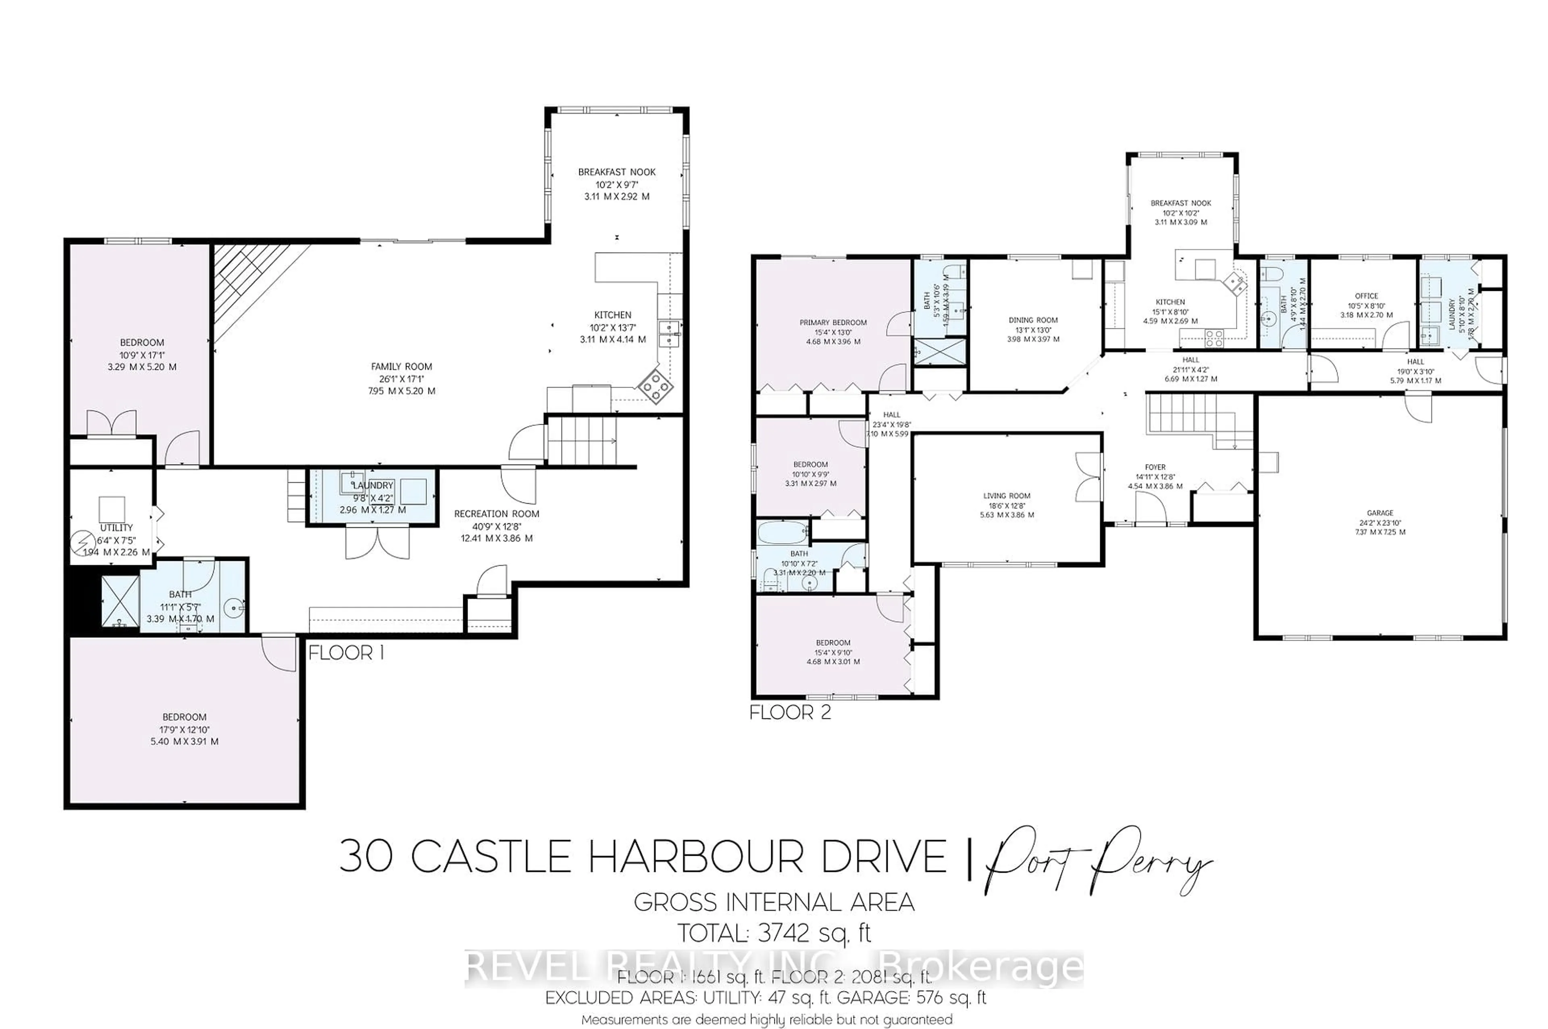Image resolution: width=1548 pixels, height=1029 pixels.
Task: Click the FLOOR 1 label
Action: (346, 653)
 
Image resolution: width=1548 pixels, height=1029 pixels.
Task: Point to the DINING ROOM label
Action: (1033, 320)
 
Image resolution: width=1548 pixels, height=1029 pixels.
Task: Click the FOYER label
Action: (1155, 467)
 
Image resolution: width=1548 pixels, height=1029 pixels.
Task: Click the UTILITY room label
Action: (116, 528)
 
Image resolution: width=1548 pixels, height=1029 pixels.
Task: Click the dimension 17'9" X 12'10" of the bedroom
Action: (185, 730)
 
